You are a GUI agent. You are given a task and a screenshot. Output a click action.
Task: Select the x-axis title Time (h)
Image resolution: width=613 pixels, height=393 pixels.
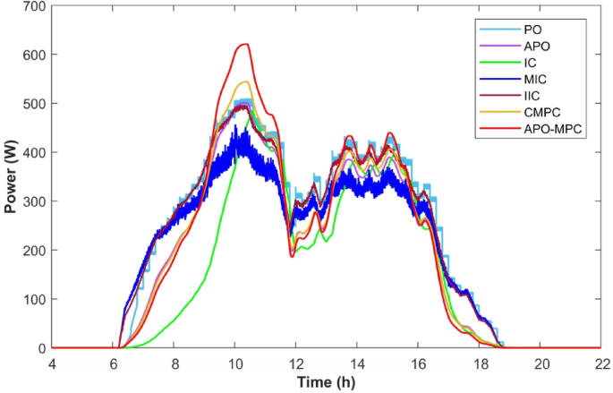pos(327,382)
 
